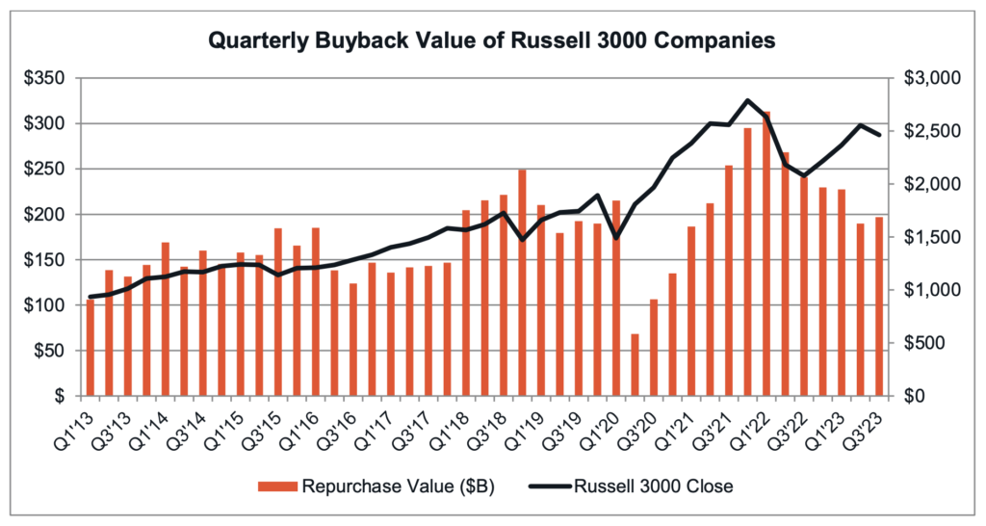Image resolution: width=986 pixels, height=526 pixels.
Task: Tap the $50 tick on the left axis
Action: [x=47, y=351]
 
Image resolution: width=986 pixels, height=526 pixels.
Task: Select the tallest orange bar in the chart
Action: [x=765, y=253]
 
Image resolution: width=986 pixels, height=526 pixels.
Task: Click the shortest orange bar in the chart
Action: [x=635, y=365]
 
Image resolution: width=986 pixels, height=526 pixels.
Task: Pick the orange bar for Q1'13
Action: [x=91, y=348]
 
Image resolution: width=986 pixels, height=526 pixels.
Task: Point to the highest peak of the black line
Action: [x=747, y=100]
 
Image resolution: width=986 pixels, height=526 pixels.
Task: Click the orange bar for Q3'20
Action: [x=654, y=348]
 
